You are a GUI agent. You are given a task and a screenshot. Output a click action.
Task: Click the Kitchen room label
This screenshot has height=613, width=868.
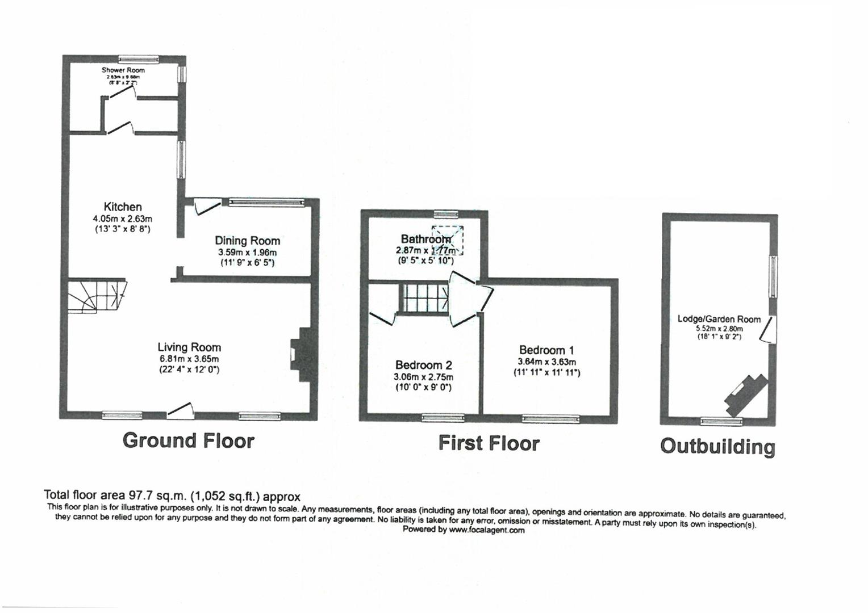[122, 207]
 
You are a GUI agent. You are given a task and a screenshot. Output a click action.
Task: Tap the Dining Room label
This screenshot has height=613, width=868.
[247, 241]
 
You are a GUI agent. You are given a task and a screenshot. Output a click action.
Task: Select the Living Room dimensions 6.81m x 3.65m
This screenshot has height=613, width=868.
[189, 359]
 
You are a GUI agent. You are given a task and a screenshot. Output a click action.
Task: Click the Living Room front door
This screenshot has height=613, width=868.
[181, 410]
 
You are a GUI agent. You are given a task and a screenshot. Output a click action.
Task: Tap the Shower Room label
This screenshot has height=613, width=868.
[123, 70]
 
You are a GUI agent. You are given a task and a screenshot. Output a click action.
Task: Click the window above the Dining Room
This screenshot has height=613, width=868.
[266, 201]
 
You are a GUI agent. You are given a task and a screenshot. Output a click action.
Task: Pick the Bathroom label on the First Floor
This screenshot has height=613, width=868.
[425, 239]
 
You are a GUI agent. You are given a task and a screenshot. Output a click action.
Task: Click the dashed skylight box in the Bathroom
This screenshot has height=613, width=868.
[448, 240]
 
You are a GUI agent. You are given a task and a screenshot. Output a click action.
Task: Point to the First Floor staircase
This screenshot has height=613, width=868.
[424, 297]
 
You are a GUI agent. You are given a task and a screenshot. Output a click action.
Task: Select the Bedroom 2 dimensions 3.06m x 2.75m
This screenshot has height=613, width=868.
[424, 377]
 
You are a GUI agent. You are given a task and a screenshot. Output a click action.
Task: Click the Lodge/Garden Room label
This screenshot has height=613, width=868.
[719, 319]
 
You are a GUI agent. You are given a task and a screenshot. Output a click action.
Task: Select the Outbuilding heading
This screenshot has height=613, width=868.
[717, 447]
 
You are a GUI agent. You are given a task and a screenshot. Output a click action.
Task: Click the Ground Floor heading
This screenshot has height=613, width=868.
[189, 440]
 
